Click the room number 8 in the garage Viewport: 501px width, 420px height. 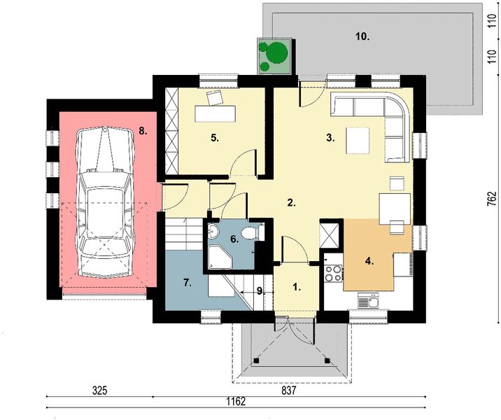(x=142, y=130)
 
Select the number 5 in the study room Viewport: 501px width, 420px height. (x=216, y=138)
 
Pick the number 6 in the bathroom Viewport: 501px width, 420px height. (x=235, y=239)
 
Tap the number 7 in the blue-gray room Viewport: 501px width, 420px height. (x=187, y=283)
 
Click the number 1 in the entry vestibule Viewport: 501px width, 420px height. (x=295, y=286)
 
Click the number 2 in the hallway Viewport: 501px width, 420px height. (x=292, y=203)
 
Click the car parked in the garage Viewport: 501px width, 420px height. (x=105, y=203)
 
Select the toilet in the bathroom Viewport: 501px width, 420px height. (x=252, y=231)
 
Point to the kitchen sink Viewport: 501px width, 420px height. (x=367, y=302)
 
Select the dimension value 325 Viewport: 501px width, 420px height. (x=99, y=392)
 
